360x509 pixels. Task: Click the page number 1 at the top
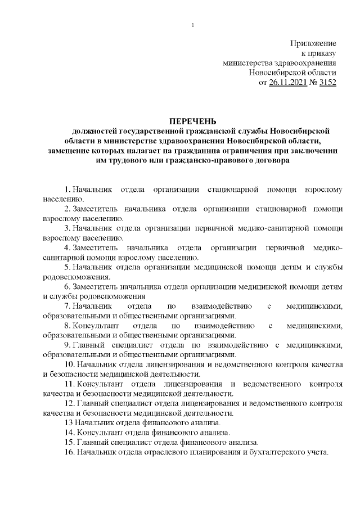click(192, 25)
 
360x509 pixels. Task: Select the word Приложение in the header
click(313, 43)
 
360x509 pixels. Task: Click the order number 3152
click(327, 82)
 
